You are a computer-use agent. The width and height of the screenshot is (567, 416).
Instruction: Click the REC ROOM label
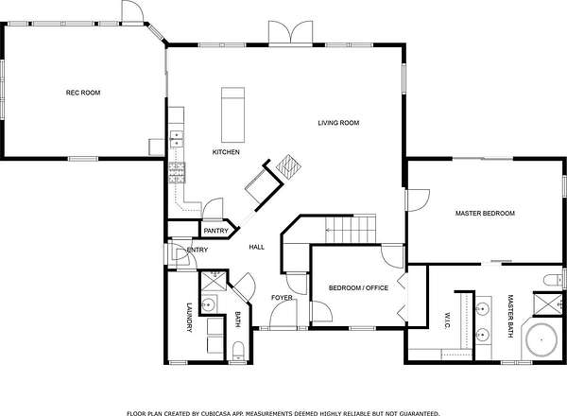pos(83,93)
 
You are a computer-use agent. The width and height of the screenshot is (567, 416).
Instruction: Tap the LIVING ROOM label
pos(338,123)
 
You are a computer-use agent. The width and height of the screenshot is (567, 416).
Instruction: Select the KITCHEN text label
pos(226,152)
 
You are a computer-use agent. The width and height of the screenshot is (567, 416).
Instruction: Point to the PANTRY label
pos(215,231)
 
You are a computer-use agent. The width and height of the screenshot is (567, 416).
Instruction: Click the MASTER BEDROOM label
pos(485,214)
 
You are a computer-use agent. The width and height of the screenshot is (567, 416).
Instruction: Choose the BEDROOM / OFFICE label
pos(358,288)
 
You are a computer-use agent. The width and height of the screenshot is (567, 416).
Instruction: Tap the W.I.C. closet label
pos(447,321)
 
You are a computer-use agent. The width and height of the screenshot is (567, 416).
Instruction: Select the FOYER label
pos(282,298)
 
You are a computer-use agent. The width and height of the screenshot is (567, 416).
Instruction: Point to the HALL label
pos(257,247)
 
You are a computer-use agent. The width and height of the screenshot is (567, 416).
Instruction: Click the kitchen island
pos(232,114)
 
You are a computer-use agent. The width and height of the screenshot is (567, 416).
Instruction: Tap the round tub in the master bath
pos(541,340)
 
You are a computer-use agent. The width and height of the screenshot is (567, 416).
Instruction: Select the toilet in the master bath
pos(552,280)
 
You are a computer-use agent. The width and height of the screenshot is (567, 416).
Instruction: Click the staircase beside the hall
pos(351,229)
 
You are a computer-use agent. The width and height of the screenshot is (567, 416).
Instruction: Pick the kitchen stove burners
pos(177,173)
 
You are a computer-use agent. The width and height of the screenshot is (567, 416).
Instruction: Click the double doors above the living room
pos(290,33)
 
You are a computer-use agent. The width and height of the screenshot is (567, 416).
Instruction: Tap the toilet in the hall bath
pos(238,351)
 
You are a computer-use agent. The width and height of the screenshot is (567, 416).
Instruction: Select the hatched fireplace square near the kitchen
pos(288,166)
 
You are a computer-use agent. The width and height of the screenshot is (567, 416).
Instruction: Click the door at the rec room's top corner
pos(132,12)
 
